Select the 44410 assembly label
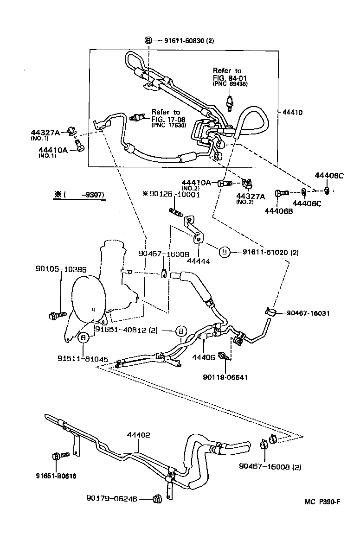[x=291, y=112]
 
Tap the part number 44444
[x=199, y=261]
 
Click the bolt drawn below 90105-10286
[x=54, y=316]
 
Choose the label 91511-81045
[x=83, y=359]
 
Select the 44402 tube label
[x=138, y=435]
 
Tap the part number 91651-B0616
[x=56, y=476]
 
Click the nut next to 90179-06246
[x=156, y=499]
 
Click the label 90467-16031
[x=305, y=313]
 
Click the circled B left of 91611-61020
[x=224, y=252]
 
